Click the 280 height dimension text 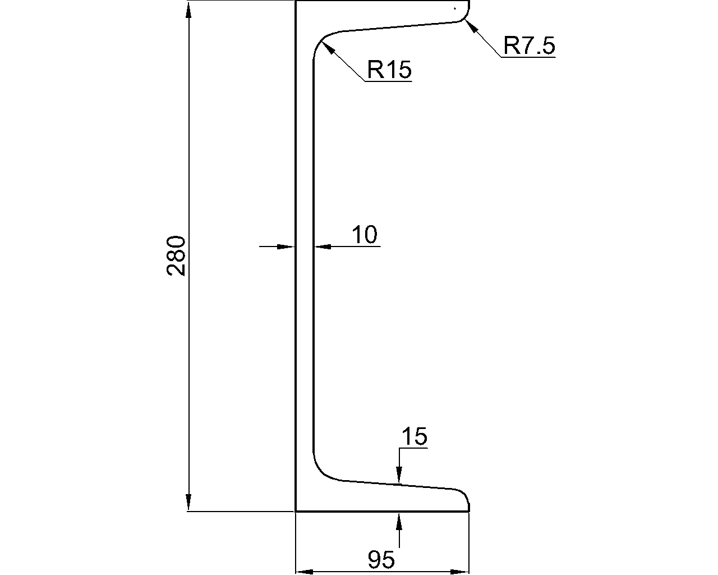176,256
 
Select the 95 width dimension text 381,560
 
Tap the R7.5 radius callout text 529,45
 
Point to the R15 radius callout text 389,70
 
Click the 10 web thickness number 365,234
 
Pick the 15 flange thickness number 414,436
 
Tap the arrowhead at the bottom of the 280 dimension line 188,502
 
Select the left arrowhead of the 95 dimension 304,572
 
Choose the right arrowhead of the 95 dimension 460,572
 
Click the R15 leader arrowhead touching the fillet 329,48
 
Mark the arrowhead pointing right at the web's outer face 286,247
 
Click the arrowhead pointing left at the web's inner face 323,247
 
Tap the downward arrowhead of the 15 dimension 399,475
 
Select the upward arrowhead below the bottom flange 399,522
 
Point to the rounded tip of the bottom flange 466,497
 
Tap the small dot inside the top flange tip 455,8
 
